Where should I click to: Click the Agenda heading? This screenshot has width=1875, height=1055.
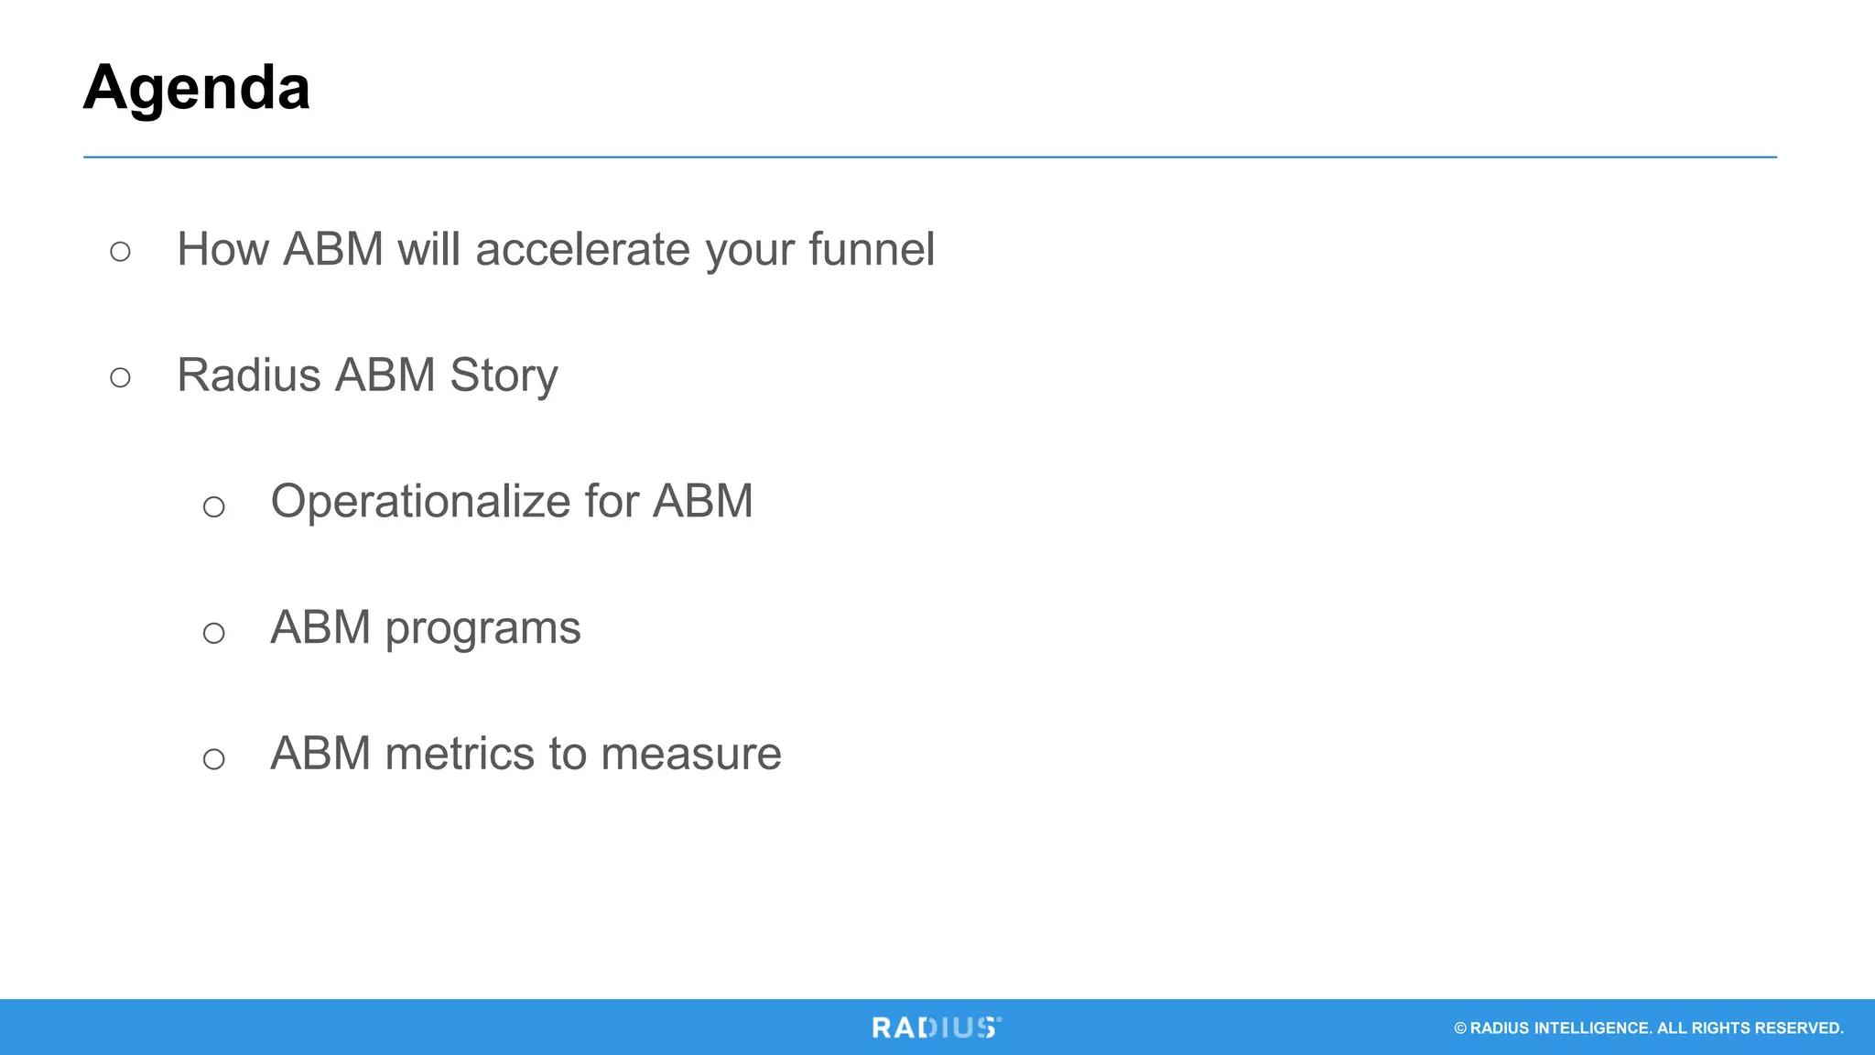pos(196,89)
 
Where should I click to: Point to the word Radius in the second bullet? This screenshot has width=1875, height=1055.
pos(249,375)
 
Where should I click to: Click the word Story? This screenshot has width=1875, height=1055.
pos(504,376)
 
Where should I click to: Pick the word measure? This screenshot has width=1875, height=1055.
pos(691,755)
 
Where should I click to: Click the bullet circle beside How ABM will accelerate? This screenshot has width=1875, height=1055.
pos(120,251)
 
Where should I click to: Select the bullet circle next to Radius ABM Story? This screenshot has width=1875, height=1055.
pos(120,377)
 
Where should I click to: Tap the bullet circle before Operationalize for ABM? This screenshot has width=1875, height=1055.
pos(213,506)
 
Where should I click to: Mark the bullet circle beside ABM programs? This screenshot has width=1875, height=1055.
pos(213,633)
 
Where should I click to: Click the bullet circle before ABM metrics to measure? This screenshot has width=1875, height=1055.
pos(213,758)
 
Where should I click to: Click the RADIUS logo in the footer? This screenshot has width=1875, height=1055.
pos(936,1028)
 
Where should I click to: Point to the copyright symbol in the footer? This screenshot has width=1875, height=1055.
pos(1460,1028)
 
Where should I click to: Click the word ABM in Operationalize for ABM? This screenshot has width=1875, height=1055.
pos(702,502)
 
